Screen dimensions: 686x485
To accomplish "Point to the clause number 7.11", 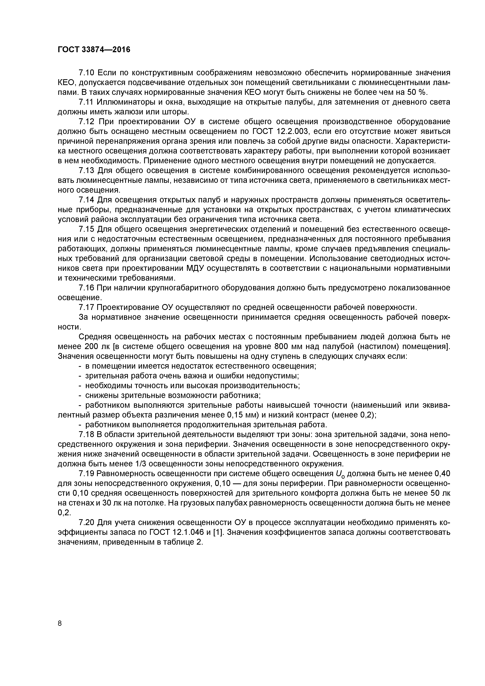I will [x=86, y=102].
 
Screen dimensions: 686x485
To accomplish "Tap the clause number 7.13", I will [x=87, y=171].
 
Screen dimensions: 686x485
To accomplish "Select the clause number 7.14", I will [x=87, y=200].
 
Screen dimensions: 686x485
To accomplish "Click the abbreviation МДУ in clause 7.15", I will [x=195, y=268].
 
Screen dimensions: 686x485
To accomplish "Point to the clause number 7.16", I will [x=87, y=288].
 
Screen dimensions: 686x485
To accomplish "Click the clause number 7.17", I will [x=87, y=307].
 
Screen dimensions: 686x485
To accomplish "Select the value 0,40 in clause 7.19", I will [x=442, y=474].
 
